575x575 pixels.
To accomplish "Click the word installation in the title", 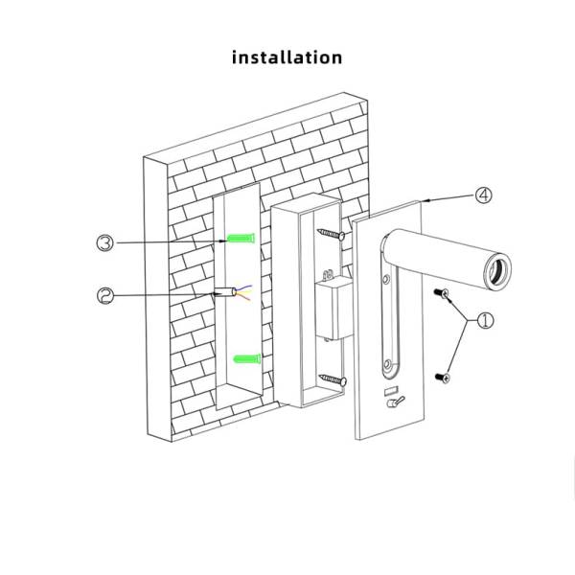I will tap(287, 57).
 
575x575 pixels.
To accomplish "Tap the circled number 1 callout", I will tap(485, 321).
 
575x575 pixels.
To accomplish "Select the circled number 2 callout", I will tap(106, 295).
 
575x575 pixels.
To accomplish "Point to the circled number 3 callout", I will tap(106, 242).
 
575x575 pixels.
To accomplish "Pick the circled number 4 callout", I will tap(485, 195).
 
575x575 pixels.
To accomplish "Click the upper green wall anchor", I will tap(242, 239).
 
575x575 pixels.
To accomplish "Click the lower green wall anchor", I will tap(245, 358).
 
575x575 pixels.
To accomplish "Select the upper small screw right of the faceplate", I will tap(443, 294).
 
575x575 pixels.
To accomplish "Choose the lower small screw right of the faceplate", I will tap(443, 379).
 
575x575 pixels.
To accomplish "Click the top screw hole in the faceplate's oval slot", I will tap(388, 281).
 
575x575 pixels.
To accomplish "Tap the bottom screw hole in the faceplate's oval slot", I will tap(388, 367).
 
